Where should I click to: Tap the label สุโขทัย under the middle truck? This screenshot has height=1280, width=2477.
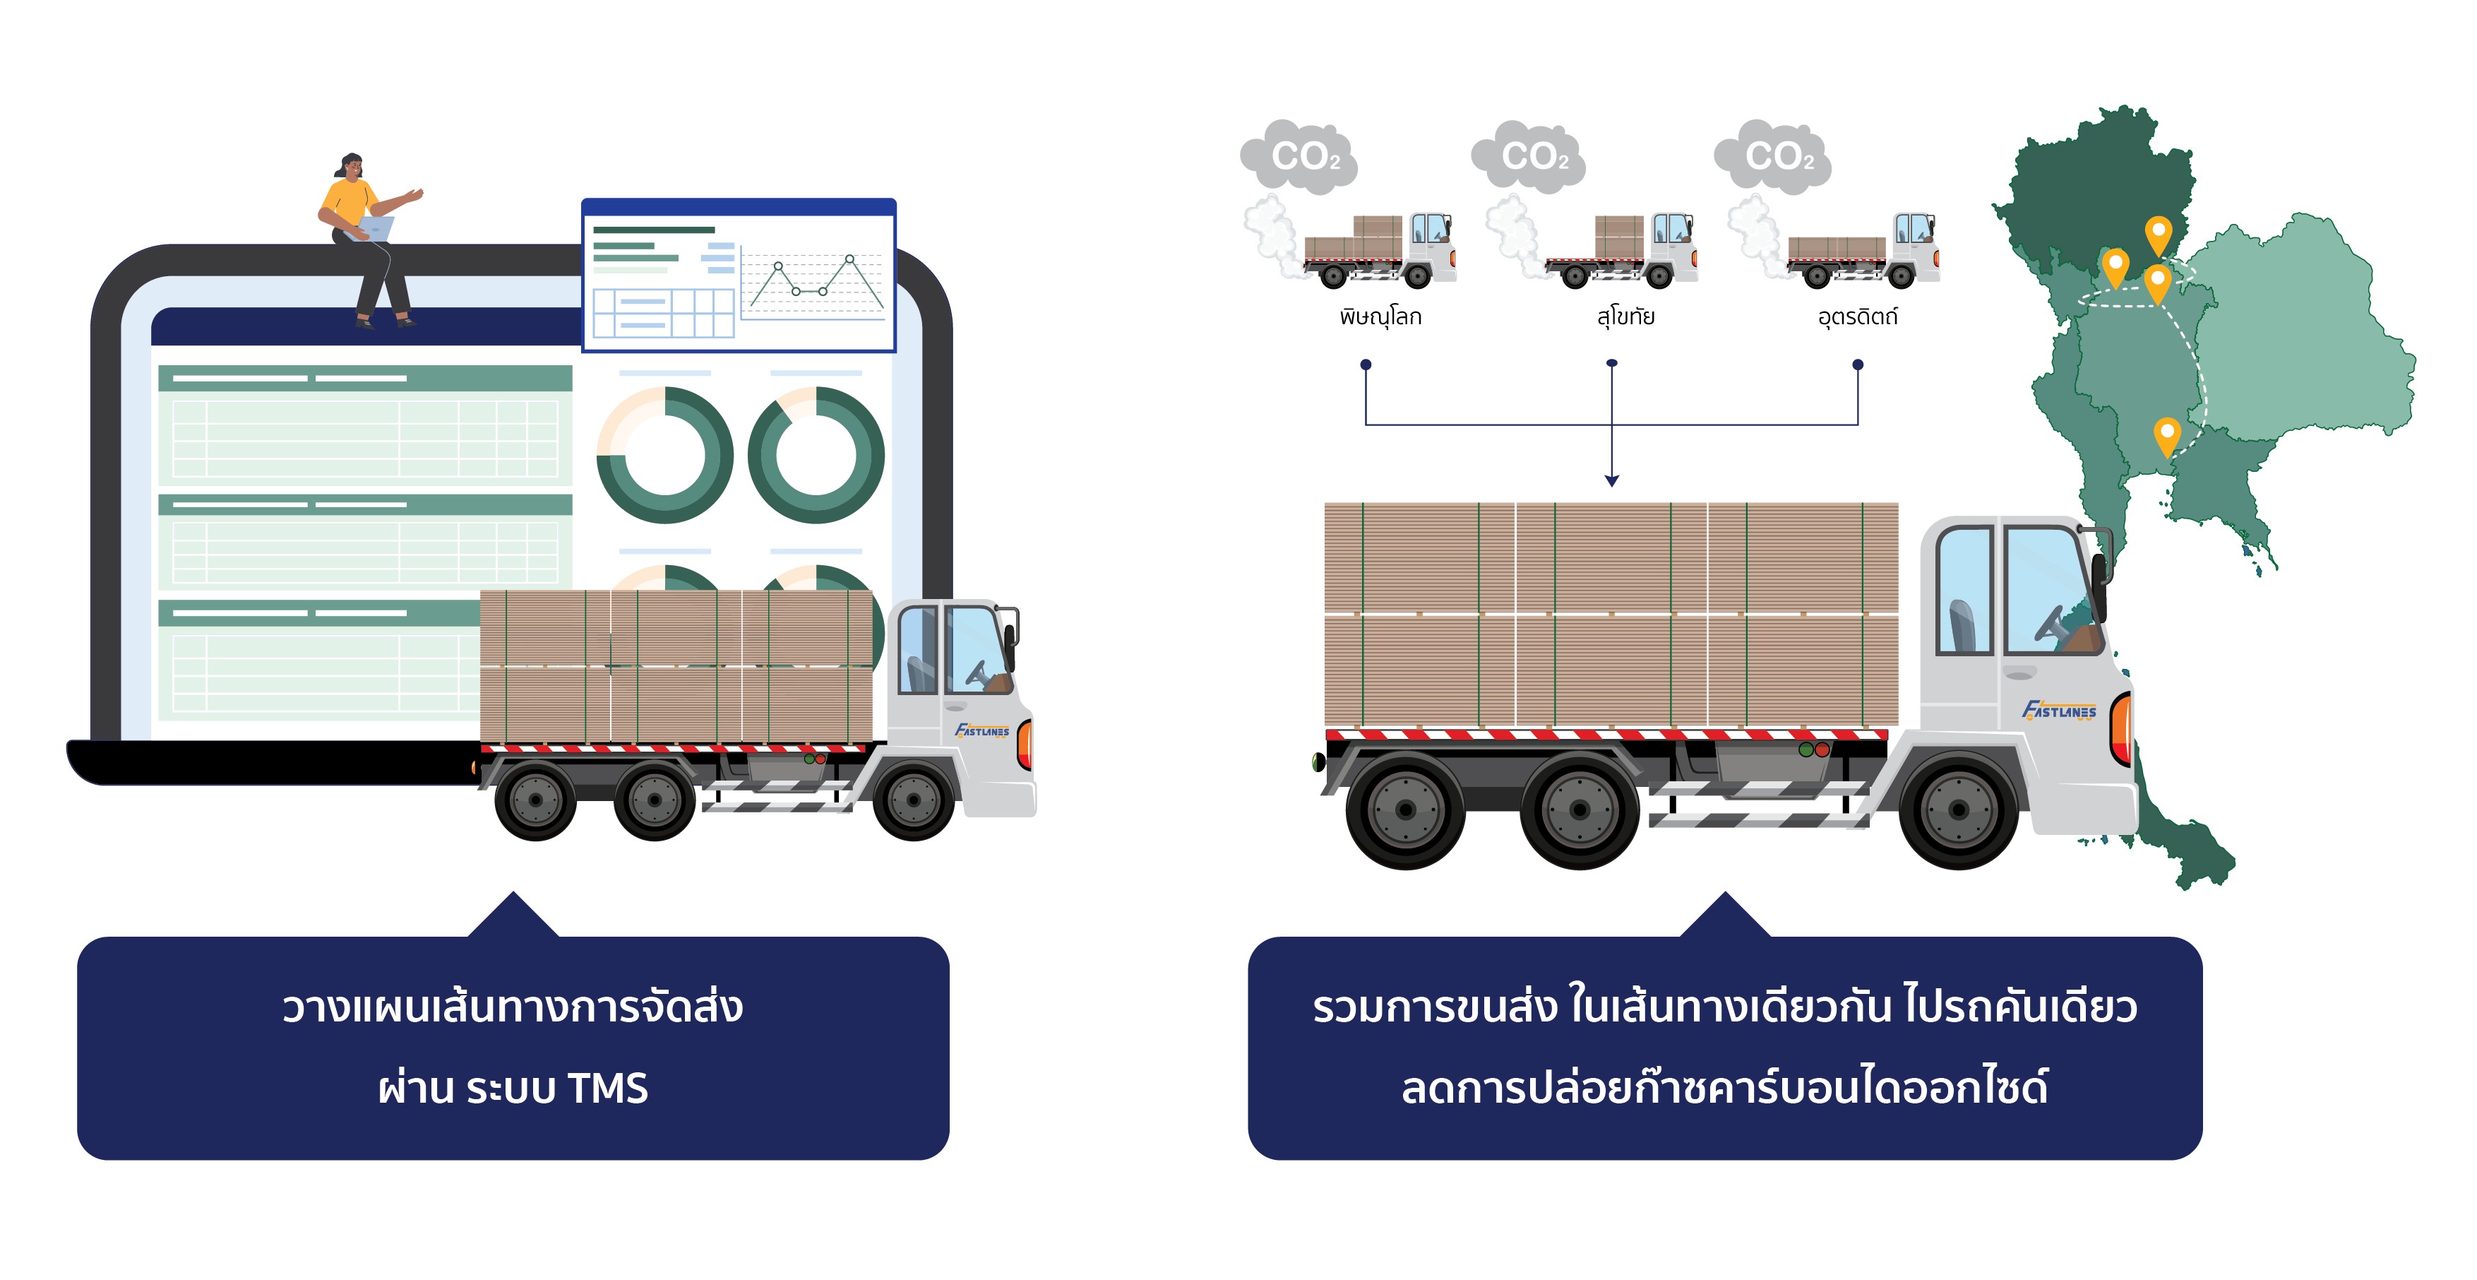point(1625,316)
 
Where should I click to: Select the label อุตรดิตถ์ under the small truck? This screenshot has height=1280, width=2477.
point(1857,316)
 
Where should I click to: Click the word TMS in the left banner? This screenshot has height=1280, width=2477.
point(608,1088)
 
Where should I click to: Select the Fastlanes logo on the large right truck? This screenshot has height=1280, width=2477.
point(2059,711)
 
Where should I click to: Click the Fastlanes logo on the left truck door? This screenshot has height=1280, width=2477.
point(981,730)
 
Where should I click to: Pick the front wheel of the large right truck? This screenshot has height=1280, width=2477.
point(1958,810)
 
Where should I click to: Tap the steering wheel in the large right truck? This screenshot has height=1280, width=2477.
point(2051,624)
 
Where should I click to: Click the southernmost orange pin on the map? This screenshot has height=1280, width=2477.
point(2166,434)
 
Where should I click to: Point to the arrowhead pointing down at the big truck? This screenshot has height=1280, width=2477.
point(1611,480)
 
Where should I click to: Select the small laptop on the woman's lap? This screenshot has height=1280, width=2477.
point(375,229)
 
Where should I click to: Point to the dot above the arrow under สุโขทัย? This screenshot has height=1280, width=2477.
point(1611,364)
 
